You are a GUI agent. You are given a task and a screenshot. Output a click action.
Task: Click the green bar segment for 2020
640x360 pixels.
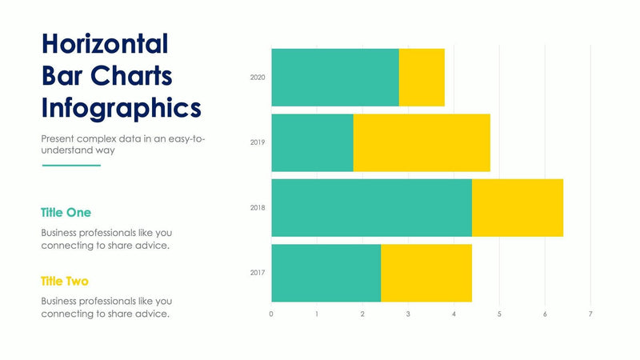click(x=334, y=78)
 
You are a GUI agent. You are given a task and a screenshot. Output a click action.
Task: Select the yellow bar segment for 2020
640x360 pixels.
click(x=422, y=78)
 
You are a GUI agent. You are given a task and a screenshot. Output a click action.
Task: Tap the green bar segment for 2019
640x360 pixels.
click(x=312, y=142)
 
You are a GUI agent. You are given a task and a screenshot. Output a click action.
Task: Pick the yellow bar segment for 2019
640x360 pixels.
click(x=422, y=142)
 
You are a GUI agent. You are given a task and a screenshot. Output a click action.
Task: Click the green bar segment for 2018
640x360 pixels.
click(x=371, y=208)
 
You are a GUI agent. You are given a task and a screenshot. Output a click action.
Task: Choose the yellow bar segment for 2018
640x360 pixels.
click(x=518, y=208)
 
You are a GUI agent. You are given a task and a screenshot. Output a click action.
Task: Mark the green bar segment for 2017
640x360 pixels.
click(x=326, y=273)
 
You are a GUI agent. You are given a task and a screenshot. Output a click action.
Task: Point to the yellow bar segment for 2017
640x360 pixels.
click(x=426, y=273)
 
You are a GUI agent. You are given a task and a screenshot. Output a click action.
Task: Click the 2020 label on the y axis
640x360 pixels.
click(x=257, y=78)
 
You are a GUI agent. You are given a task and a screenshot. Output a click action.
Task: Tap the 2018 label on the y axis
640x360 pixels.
click(x=257, y=208)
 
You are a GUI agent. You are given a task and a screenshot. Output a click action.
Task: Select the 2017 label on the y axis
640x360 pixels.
click(x=257, y=273)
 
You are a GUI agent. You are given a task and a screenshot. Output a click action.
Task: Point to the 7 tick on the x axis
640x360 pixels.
click(x=590, y=314)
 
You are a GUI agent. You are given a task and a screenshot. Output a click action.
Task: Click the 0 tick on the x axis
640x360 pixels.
click(x=271, y=314)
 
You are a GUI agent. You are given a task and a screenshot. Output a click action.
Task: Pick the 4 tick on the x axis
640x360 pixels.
click(x=454, y=314)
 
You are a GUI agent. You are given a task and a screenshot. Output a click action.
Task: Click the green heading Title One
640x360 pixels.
click(x=66, y=213)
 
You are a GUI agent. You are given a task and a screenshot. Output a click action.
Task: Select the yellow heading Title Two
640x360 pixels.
click(x=65, y=282)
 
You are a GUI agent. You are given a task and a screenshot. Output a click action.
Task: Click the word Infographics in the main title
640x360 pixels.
click(x=121, y=107)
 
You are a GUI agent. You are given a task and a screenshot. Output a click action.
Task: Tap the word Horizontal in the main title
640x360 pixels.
click(x=105, y=43)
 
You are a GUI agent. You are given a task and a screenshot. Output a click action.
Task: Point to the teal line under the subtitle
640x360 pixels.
click(x=70, y=166)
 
